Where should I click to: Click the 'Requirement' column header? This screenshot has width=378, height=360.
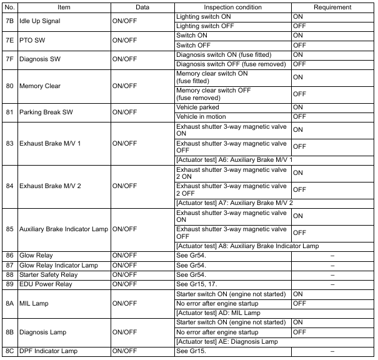[333, 6]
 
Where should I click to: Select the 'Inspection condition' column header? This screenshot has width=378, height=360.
[232, 6]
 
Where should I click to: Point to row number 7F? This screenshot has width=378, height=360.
[9, 59]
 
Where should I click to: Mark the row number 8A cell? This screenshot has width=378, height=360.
[9, 303]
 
